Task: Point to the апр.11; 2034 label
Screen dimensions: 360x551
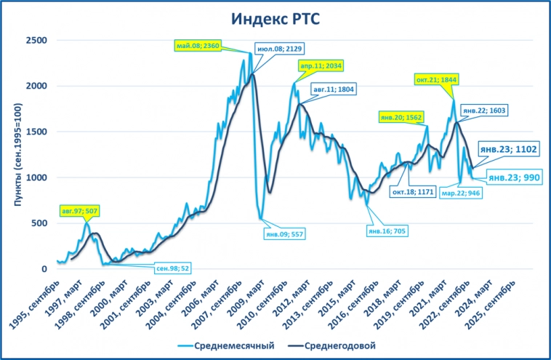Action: pos(320,65)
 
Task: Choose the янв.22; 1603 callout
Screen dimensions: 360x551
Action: pos(486,111)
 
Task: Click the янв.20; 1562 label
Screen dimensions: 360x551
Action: pos(401,116)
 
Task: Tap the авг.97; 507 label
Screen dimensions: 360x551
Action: pos(80,212)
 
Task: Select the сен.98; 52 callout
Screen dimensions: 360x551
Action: pos(174,268)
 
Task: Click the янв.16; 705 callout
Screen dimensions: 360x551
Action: pos(386,231)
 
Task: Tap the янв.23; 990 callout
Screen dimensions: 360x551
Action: pos(514,177)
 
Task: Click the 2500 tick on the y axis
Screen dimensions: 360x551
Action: pos(37,40)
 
